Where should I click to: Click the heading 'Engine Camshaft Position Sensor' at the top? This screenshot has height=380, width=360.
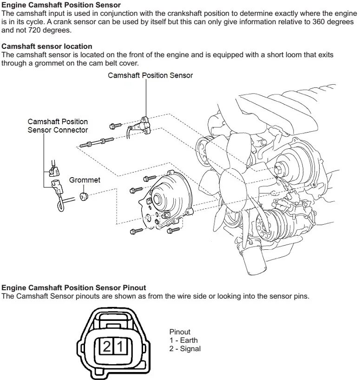coord(61,5)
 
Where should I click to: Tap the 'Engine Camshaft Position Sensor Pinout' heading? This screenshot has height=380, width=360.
coord(74,288)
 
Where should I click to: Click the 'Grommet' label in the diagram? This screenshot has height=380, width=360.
coord(85,180)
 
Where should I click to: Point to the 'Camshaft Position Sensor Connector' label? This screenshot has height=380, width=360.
coord(58,126)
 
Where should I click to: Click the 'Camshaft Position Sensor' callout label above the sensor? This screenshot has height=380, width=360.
coord(150,75)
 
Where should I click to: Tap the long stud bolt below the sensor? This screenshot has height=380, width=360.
coord(96,142)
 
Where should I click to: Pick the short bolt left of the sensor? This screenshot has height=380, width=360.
coord(115,126)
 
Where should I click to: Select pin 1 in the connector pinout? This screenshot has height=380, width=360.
coord(120,347)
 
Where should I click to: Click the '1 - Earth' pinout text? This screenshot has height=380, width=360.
coord(183,340)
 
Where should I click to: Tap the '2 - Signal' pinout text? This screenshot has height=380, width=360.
coord(185,348)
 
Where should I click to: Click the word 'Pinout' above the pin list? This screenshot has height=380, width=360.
coord(180,332)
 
